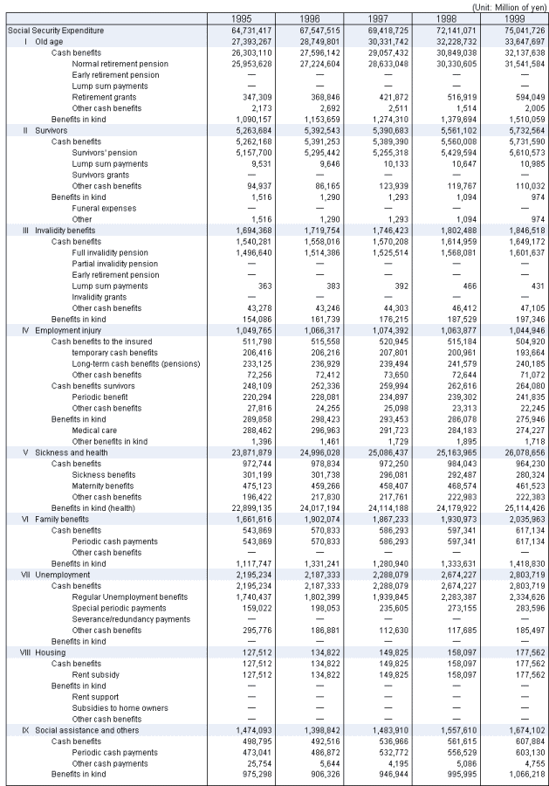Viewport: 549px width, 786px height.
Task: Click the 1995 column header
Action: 238,18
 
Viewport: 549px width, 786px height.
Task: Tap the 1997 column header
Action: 374,18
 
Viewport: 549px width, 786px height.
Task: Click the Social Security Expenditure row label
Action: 56,30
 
